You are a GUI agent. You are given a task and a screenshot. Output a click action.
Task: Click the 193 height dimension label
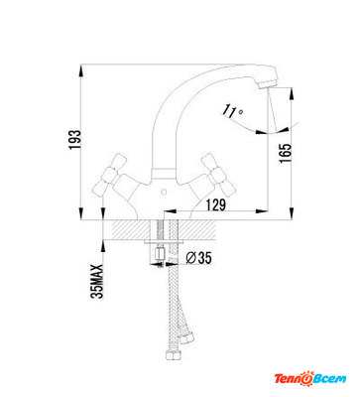[74, 140]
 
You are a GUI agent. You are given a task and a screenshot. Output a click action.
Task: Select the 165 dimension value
[286, 153]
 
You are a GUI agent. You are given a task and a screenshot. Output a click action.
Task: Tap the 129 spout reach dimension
[216, 204]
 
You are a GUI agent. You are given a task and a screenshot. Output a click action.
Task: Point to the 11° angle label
[233, 111]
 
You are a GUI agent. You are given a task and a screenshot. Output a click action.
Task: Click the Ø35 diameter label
[198, 258]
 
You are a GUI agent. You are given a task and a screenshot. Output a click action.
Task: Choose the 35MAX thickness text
[98, 282]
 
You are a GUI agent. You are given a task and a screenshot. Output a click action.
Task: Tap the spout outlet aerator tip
[267, 82]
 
